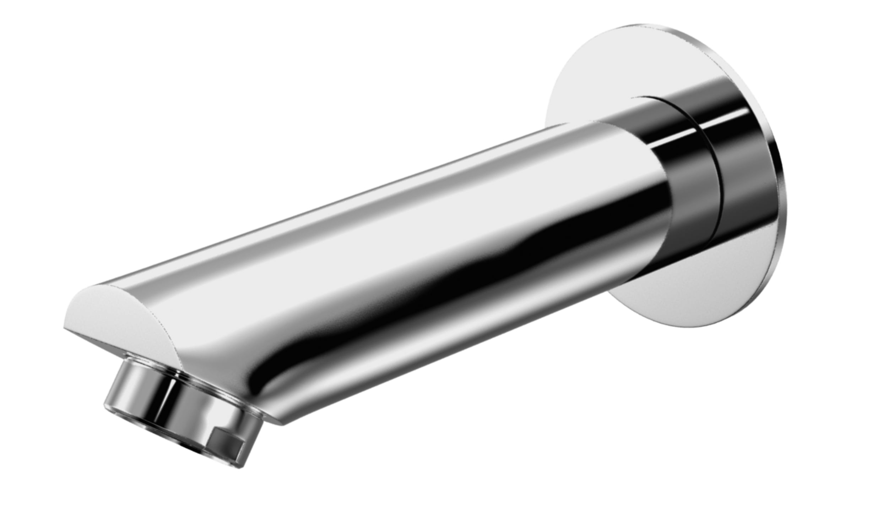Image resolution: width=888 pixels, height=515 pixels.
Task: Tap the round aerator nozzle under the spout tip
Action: [178, 408]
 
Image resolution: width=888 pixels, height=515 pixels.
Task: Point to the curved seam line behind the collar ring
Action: [714, 185]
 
